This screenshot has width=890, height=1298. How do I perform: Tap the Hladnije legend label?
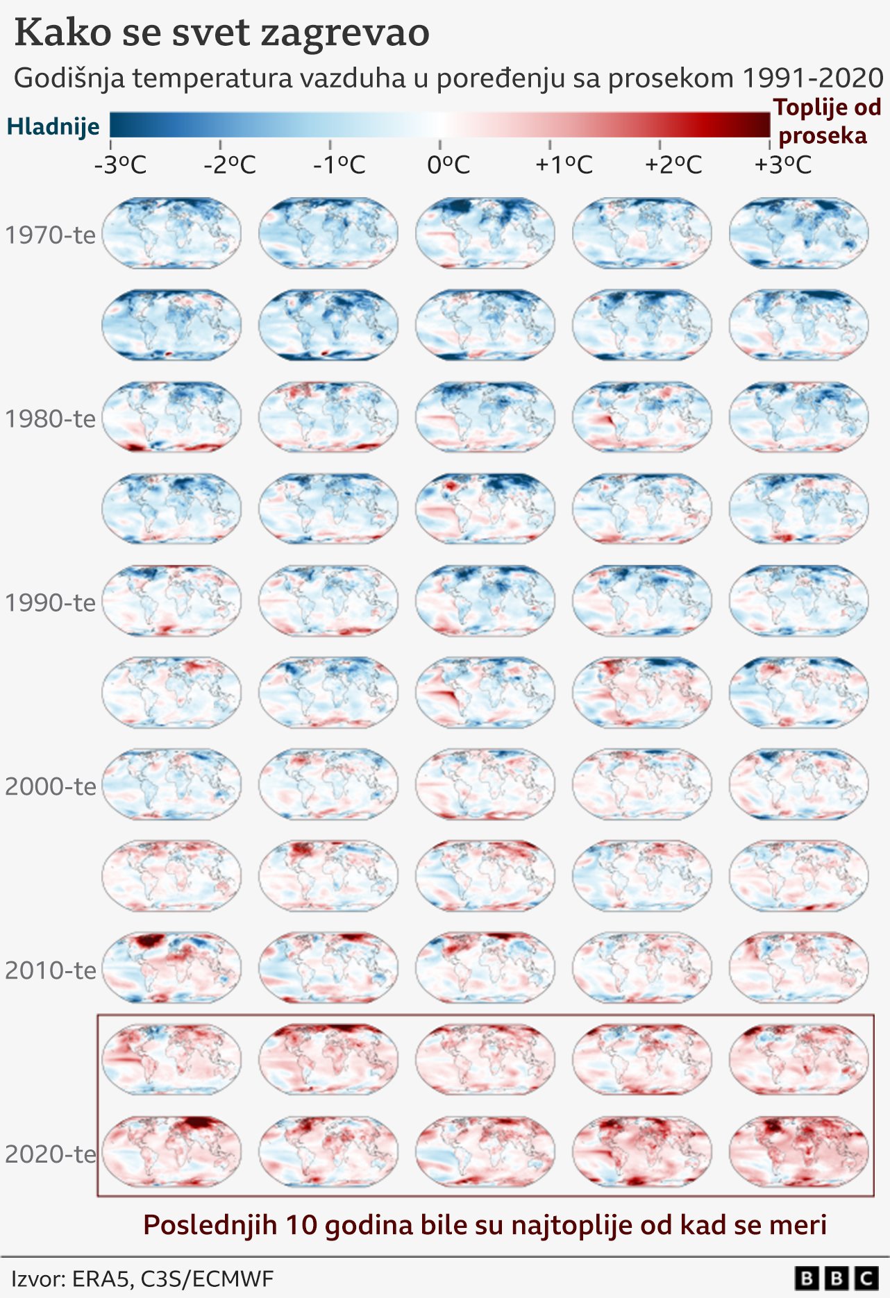point(53,126)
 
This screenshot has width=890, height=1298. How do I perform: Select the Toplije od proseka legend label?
point(825,121)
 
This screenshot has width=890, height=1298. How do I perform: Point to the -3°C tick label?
point(120,165)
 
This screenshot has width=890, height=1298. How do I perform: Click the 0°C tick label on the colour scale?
point(448,165)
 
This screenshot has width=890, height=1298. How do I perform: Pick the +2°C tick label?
point(673,165)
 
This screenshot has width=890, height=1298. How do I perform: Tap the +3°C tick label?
point(782,165)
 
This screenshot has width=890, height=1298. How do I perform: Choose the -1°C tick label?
point(339,165)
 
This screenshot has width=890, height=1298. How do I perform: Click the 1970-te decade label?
point(50,235)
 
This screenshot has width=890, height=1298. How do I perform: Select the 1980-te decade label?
point(50,419)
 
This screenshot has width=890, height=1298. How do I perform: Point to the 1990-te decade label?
point(50,602)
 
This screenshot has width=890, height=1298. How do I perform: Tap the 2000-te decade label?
point(50,786)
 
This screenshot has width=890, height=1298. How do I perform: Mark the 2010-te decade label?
point(50,970)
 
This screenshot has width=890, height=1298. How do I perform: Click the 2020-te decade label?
point(50,1154)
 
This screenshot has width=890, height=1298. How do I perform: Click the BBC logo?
point(837,1278)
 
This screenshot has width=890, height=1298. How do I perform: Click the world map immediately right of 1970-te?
point(171,233)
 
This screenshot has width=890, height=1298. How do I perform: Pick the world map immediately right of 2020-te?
point(171,1152)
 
